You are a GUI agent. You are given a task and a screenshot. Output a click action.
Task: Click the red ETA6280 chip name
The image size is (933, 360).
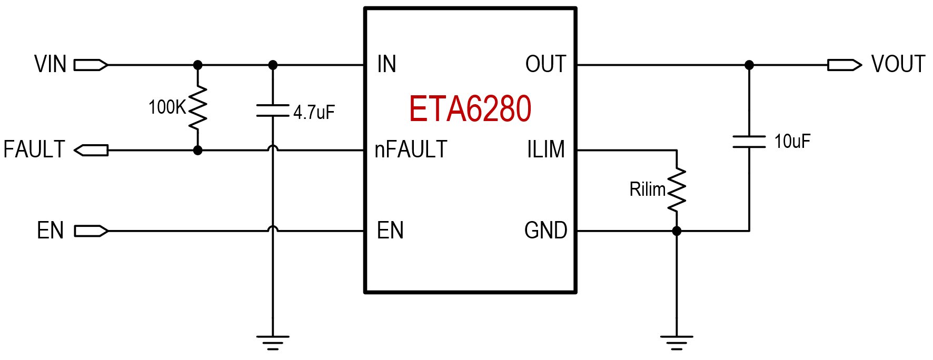point(470,109)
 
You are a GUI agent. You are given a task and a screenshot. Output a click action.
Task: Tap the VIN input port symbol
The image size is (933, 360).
point(91,65)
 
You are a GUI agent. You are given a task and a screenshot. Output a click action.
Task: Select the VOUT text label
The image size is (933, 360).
point(898,64)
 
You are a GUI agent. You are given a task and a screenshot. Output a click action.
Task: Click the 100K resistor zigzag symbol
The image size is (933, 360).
point(198,107)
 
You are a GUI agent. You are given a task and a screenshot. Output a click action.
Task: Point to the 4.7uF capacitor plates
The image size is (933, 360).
point(272,111)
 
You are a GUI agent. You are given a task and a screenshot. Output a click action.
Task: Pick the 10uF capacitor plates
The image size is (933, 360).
point(749,141)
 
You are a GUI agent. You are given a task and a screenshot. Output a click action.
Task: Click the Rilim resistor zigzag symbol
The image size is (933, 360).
point(677,189)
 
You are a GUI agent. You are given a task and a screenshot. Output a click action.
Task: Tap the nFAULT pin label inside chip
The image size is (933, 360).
point(411,149)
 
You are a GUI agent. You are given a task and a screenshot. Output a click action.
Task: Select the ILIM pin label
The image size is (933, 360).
point(545,149)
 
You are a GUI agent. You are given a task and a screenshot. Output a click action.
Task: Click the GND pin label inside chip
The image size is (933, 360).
point(545,231)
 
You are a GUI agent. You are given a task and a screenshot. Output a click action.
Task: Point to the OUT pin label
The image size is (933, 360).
point(545,64)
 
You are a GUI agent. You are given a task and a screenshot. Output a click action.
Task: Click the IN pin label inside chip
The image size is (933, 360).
point(386,64)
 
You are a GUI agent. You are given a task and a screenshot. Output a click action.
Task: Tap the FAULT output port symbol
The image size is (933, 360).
point(91,150)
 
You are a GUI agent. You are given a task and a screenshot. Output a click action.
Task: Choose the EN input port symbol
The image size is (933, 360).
point(91,231)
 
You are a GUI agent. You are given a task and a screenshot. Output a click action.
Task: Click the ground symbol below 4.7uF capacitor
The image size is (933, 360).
point(272,342)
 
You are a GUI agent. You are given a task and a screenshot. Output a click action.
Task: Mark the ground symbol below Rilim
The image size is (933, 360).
point(677,342)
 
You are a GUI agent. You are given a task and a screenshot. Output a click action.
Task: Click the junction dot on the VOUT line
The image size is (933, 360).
point(749,65)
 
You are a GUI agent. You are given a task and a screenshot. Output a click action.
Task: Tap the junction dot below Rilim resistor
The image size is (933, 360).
point(677,231)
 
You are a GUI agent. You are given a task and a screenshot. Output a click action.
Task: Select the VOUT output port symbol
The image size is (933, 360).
point(844,65)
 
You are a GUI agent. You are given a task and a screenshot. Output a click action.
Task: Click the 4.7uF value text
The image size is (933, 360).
point(314,112)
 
